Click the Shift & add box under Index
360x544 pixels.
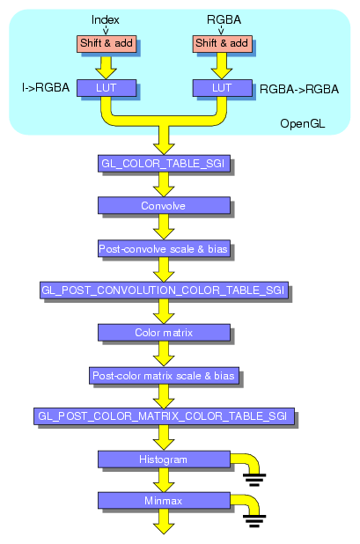[106, 43]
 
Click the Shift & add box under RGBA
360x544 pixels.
[222, 43]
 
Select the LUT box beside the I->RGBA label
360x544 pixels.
[106, 87]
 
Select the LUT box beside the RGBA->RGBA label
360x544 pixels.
[222, 87]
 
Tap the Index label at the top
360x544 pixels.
[106, 19]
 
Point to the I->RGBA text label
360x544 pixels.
[46, 87]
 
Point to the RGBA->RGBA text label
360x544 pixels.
[299, 89]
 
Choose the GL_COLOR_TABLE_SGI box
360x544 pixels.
[164, 163]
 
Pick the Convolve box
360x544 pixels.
[163, 205]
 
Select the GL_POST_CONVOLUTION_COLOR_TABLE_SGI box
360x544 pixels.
[164, 290]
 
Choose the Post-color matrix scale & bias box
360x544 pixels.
[163, 375]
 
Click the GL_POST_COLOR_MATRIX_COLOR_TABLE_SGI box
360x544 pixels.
[164, 415]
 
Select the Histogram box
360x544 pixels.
[163, 459]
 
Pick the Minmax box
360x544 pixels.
[163, 500]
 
